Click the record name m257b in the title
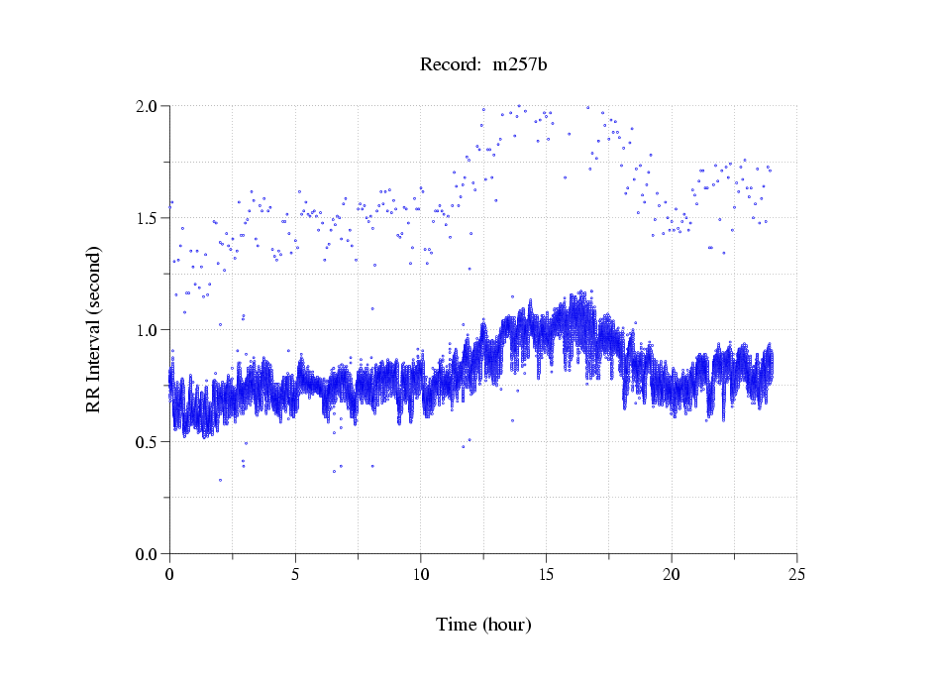pos(520,64)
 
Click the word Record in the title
pos(447,64)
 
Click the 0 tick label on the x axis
pos(169,574)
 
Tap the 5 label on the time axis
pos(295,574)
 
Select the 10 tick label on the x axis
pos(421,574)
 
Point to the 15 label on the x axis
pos(546,574)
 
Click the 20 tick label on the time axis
pos(672,574)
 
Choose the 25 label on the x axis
pos(796,574)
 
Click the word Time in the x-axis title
pos(457,625)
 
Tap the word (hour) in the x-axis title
pos(507,625)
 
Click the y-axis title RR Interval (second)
pos(94,329)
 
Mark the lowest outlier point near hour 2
pos(220,480)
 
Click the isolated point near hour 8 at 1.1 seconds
pos(372,308)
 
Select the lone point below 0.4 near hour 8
pos(372,466)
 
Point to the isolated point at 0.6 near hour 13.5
pos(512,420)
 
